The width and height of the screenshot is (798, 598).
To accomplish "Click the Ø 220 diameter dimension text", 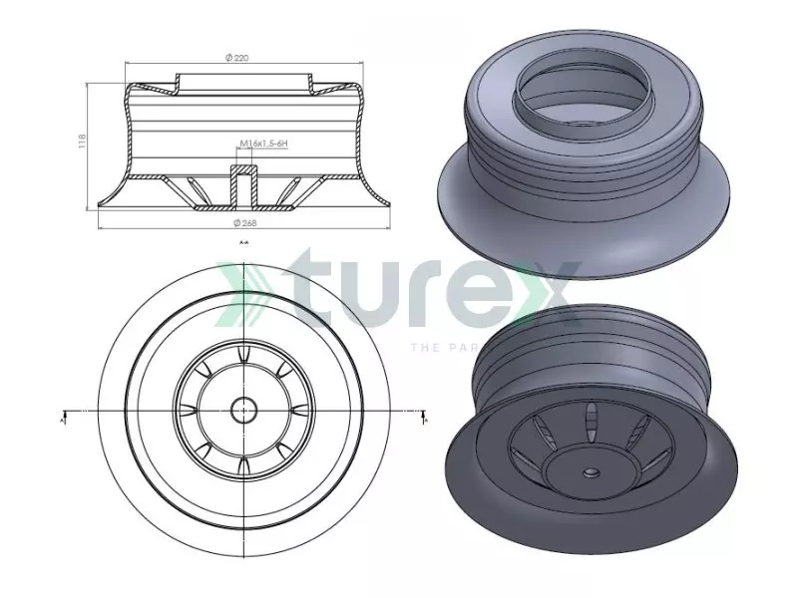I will pos(237,59).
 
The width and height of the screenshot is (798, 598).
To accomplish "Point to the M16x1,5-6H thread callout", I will pos(263,145).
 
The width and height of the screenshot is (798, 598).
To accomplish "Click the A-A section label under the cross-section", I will pos(243,242).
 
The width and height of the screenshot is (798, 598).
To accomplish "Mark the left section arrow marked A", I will pos(63,417).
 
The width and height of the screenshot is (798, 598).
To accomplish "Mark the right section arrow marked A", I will pos(425,417).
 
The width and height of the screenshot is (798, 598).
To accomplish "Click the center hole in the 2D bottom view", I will pos(242,409).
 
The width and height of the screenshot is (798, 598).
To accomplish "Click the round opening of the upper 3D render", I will pos(575,95).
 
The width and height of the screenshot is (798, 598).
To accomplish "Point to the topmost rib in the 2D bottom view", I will pos(242,356).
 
